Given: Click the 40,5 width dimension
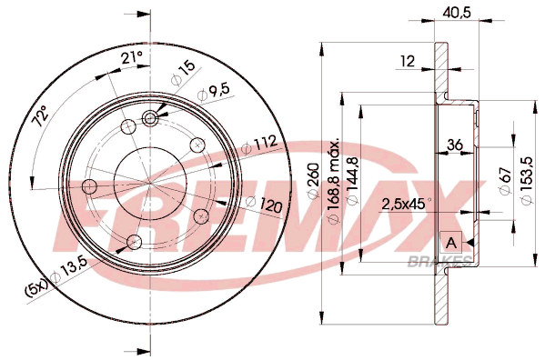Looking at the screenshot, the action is point(457,14).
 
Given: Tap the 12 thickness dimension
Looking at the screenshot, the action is point(408,61).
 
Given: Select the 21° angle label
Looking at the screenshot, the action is point(132,57).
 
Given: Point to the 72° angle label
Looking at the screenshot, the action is point(40,116).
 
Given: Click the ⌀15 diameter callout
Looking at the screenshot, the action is point(183,74).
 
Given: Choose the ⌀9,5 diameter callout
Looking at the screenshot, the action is point(214,93).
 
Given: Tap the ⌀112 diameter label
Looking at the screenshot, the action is point(259,145).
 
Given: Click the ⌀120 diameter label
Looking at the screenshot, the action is point(264,205).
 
